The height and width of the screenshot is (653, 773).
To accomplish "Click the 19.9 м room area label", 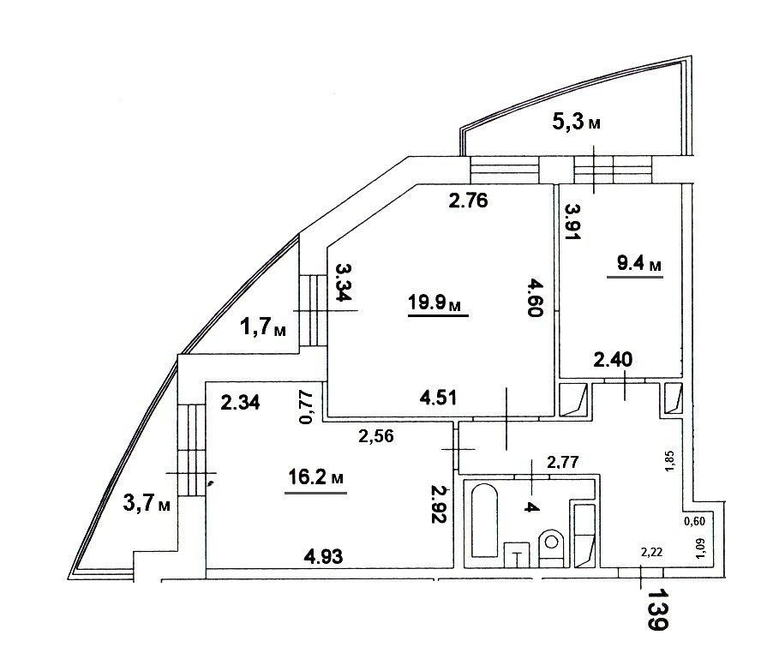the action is pyautogui.click(x=434, y=303).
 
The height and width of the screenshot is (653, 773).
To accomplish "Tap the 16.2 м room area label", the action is pyautogui.click(x=316, y=477).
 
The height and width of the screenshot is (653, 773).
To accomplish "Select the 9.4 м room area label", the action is pyautogui.click(x=639, y=264).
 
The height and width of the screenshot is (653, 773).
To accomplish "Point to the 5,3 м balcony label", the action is pyautogui.click(x=576, y=121).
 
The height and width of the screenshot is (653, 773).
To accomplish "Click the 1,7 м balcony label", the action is pyautogui.click(x=263, y=326).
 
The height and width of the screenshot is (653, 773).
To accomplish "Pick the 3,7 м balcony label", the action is pyautogui.click(x=147, y=503).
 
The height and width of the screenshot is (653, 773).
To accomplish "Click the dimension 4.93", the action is pyautogui.click(x=323, y=557).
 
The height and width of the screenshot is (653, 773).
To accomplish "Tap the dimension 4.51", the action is pyautogui.click(x=438, y=398).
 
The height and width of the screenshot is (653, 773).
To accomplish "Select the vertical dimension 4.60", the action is pyautogui.click(x=535, y=297).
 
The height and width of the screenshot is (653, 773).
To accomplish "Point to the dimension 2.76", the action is pyautogui.click(x=468, y=201).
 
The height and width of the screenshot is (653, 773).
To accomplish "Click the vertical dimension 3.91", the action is pyautogui.click(x=573, y=222).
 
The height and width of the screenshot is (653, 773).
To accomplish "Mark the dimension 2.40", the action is pyautogui.click(x=613, y=360).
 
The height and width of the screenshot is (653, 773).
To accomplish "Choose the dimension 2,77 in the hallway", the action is pyautogui.click(x=562, y=462).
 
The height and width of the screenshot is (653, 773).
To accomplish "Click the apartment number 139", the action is pyautogui.click(x=657, y=609).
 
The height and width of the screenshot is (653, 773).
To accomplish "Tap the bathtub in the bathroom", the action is pyautogui.click(x=485, y=520).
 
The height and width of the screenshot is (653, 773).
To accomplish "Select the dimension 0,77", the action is pyautogui.click(x=306, y=407).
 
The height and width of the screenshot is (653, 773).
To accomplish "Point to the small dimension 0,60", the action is pyautogui.click(x=694, y=521).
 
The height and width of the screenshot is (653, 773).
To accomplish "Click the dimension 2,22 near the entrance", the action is pyautogui.click(x=651, y=553).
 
